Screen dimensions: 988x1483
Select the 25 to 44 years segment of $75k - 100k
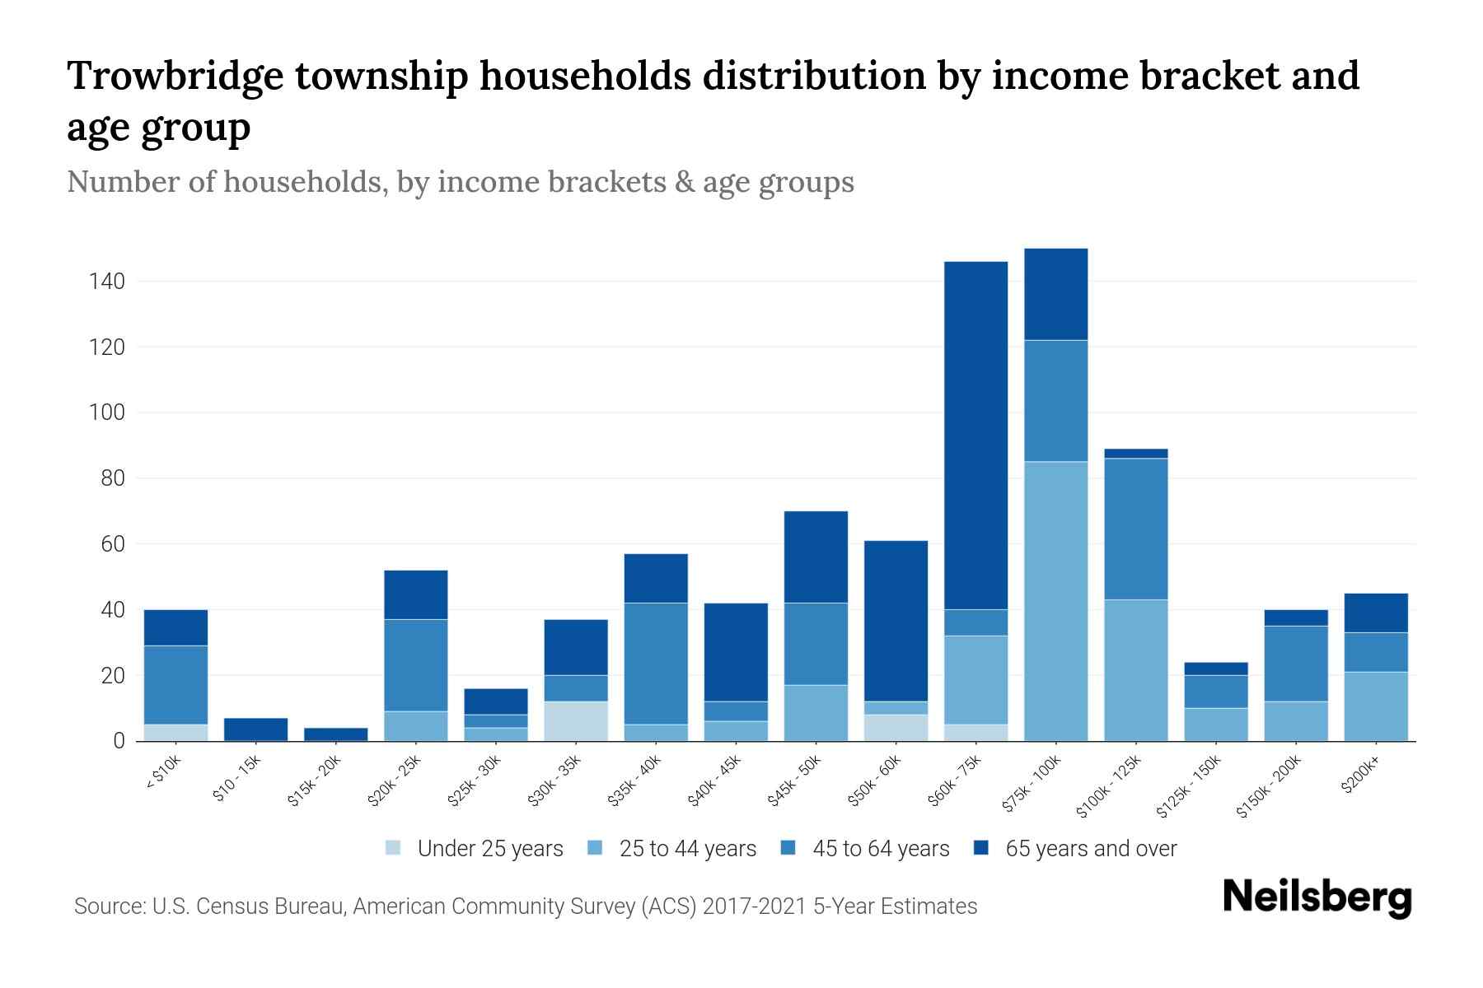pos(1055,601)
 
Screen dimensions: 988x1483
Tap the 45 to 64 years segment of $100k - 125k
pos(1135,529)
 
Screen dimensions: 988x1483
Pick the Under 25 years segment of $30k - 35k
pos(576,721)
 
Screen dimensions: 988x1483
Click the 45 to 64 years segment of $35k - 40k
pos(656,664)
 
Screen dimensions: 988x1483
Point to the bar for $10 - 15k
pos(255,729)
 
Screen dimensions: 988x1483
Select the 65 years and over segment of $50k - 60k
pos(896,621)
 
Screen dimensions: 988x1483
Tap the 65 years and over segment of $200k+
pos(1376,613)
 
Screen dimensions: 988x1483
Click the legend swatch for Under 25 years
pos(394,848)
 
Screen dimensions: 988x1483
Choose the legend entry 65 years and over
pos(1090,848)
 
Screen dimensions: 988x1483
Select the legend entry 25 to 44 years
pos(687,848)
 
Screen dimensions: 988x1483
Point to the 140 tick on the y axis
pos(107,282)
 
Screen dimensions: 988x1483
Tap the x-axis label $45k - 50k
pos(795,782)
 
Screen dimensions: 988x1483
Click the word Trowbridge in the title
pos(174,76)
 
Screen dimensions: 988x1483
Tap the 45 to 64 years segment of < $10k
pos(175,685)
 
